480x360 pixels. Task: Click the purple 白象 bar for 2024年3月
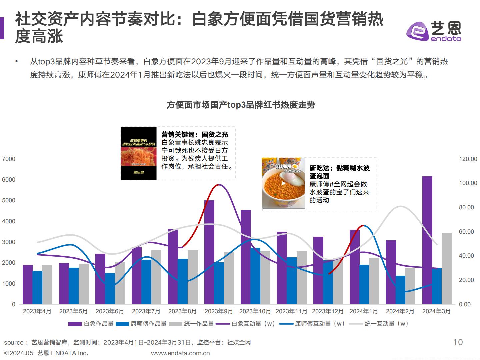427,240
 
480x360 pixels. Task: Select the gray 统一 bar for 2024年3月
447,268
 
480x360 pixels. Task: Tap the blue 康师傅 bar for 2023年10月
255,276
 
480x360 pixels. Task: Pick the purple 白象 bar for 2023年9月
209,252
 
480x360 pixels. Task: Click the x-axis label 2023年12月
328,311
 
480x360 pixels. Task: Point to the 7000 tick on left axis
9,159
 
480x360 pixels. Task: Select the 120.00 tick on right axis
468,159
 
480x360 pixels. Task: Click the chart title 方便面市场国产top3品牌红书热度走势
241,105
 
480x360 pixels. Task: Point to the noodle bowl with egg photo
283,183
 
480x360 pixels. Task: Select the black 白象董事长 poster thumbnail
139,153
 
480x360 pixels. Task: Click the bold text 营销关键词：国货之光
195,134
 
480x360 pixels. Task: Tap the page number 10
458,342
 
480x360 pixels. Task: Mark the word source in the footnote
14,342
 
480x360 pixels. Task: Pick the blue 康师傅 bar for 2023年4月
37,287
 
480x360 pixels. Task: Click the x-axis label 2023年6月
110,311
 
